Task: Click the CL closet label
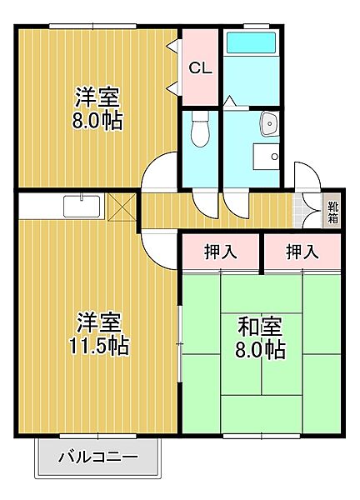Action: [x=201, y=68]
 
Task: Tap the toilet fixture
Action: [x=199, y=129]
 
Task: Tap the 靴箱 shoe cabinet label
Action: [x=333, y=213]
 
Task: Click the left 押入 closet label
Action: [x=219, y=252]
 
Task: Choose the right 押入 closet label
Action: [x=301, y=252]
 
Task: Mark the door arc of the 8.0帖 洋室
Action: [x=158, y=172]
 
